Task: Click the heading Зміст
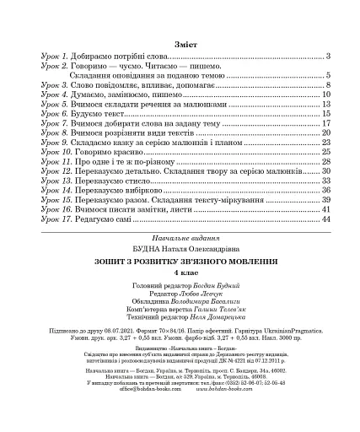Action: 180,40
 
